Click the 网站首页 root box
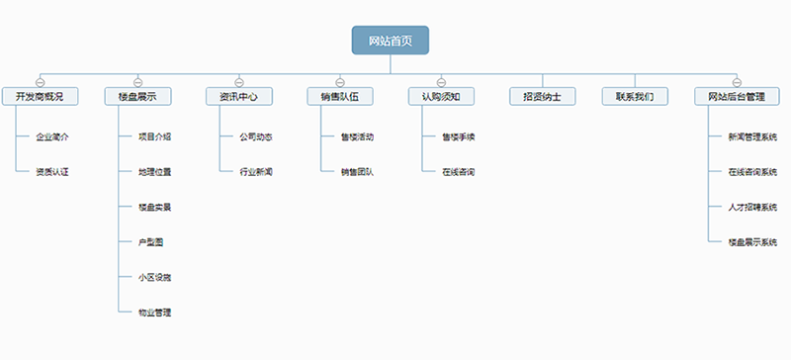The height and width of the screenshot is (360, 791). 391,41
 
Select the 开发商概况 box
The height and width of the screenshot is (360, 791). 40,97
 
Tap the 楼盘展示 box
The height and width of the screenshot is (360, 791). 137,97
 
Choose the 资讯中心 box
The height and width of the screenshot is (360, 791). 238,97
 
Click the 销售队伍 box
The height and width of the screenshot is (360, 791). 339,97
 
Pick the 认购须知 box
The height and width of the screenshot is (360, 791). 441,97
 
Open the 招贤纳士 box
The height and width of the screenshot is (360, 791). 542,97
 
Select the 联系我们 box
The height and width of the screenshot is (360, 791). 635,97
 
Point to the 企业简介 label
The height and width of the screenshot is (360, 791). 52,136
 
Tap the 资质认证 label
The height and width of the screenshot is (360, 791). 52,172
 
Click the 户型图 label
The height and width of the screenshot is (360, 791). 151,242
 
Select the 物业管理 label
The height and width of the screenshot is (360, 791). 155,313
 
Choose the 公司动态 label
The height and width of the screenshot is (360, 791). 256,136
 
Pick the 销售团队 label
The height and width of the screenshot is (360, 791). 357,172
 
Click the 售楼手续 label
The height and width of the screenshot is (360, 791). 459,136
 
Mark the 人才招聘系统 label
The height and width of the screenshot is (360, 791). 752,208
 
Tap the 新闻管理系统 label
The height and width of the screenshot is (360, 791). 752,136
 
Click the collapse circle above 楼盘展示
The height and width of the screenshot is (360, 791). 137,80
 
